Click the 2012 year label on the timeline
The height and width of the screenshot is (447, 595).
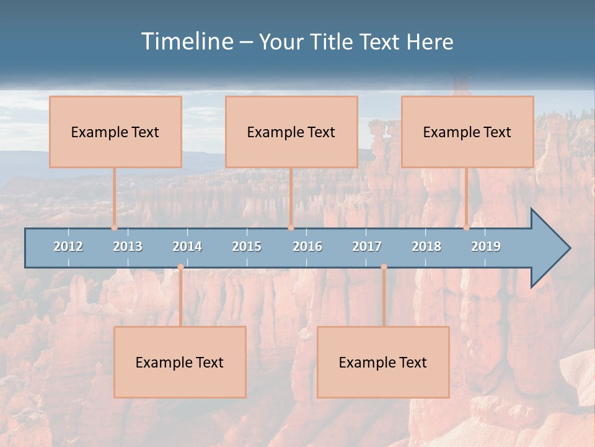click(x=68, y=246)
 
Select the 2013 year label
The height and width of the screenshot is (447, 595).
click(x=128, y=246)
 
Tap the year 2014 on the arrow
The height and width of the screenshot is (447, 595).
click(x=187, y=246)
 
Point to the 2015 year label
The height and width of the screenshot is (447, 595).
click(x=247, y=246)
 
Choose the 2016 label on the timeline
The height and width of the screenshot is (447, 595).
click(x=307, y=246)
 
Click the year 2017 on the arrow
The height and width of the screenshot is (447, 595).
click(x=367, y=246)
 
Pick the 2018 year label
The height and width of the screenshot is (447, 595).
click(x=426, y=246)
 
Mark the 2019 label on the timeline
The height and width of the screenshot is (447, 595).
click(x=486, y=246)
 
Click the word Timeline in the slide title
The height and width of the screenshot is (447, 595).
click(x=186, y=41)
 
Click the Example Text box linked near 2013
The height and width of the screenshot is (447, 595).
click(x=115, y=132)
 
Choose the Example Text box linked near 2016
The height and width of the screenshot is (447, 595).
click(x=291, y=132)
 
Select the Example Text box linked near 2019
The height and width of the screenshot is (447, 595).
click(x=467, y=132)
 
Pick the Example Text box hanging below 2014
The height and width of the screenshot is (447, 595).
click(x=180, y=362)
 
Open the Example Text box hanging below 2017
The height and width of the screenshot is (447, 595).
click(x=383, y=362)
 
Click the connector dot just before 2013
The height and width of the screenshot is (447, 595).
click(x=115, y=227)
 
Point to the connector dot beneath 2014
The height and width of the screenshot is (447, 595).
click(x=180, y=267)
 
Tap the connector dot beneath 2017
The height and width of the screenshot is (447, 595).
click(x=384, y=267)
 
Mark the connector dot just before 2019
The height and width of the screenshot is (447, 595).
click(x=467, y=227)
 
